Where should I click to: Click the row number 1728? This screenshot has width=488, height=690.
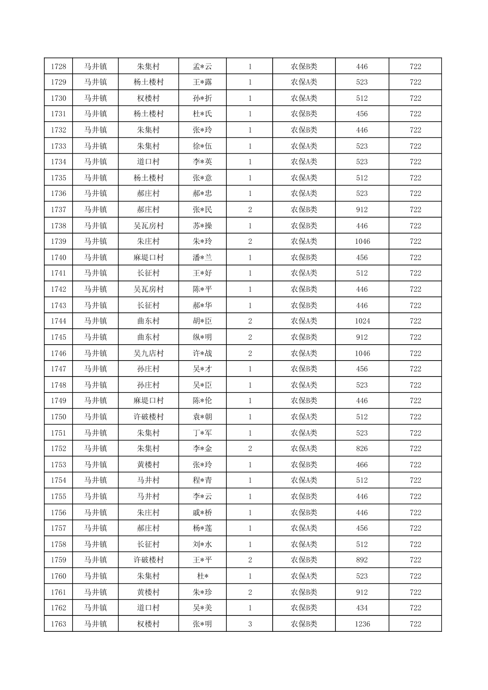click(58, 66)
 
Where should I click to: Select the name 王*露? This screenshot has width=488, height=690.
click(203, 82)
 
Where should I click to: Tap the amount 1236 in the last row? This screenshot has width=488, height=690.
click(362, 624)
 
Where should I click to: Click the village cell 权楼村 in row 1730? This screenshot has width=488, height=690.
click(148, 98)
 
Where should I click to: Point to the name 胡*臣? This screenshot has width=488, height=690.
click(203, 321)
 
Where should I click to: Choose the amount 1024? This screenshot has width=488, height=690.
click(362, 321)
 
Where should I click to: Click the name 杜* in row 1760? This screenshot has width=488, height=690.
click(203, 576)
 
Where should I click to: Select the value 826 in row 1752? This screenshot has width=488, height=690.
click(362, 448)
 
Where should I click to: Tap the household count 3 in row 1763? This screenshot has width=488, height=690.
click(250, 624)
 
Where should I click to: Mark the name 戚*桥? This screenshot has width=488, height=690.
click(203, 513)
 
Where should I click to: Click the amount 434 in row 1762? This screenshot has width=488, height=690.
click(362, 608)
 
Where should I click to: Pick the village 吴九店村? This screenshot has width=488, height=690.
click(148, 353)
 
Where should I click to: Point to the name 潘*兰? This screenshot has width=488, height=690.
click(203, 257)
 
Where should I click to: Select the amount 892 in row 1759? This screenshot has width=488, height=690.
click(362, 560)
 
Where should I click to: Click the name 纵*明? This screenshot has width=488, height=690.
click(203, 337)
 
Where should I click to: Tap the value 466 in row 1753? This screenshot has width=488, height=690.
click(362, 465)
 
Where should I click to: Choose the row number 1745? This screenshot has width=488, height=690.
click(58, 337)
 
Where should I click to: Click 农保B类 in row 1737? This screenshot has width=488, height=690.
click(304, 209)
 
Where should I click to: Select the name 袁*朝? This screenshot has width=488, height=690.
click(203, 417)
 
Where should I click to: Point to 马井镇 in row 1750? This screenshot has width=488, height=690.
click(95, 417)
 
